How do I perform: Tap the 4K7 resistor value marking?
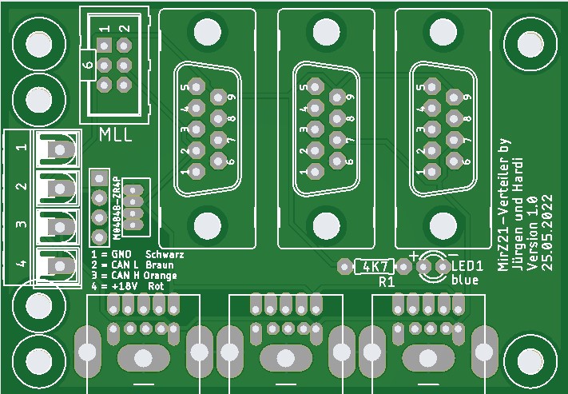pyautogui.click(x=374, y=266)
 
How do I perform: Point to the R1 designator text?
pyautogui.click(x=387, y=282)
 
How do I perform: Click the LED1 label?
pyautogui.click(x=467, y=265)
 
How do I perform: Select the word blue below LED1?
pyautogui.click(x=465, y=280)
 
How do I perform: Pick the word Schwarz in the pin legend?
pyautogui.click(x=165, y=255)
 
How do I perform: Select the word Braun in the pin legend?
pyautogui.click(x=161, y=265)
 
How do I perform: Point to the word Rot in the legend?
pyautogui.click(x=156, y=285)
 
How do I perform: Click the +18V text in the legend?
pyautogui.click(x=120, y=285)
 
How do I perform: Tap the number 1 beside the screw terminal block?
pyautogui.click(x=22, y=148)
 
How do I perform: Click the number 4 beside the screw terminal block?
pyautogui.click(x=22, y=263)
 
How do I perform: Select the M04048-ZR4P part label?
pyautogui.click(x=117, y=208)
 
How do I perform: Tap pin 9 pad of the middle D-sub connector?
pyautogui.click(x=336, y=97)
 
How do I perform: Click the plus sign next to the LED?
pyautogui.click(x=414, y=257)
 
